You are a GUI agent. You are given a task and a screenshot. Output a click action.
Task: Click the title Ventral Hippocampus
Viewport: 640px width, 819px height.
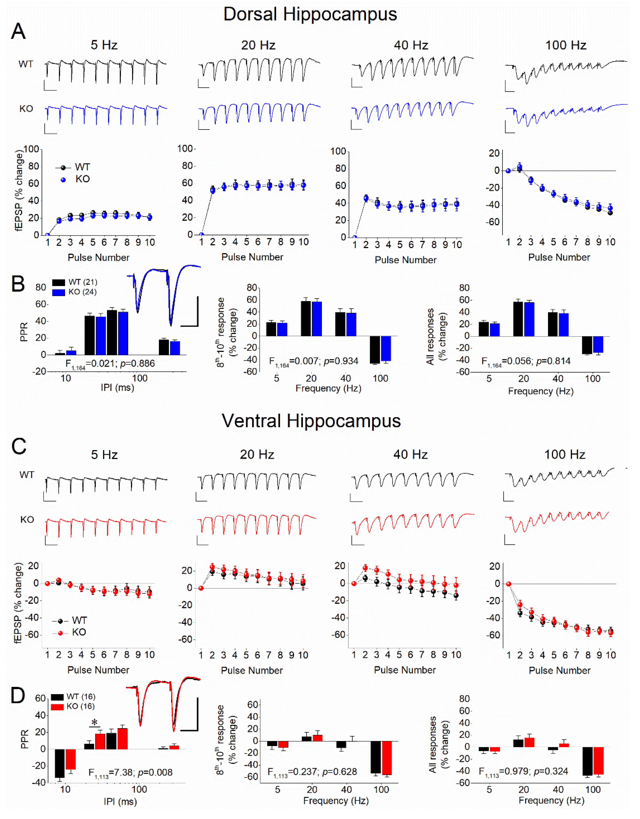point(311,421)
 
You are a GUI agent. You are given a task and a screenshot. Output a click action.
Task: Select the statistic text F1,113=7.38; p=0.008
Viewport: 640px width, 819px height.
point(130,773)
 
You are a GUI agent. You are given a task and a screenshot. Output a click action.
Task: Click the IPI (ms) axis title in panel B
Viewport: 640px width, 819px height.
point(117,387)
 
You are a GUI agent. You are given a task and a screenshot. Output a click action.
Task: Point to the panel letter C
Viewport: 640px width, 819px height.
point(19,446)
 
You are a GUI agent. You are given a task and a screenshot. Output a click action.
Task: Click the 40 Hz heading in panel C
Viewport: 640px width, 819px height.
point(411,455)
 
